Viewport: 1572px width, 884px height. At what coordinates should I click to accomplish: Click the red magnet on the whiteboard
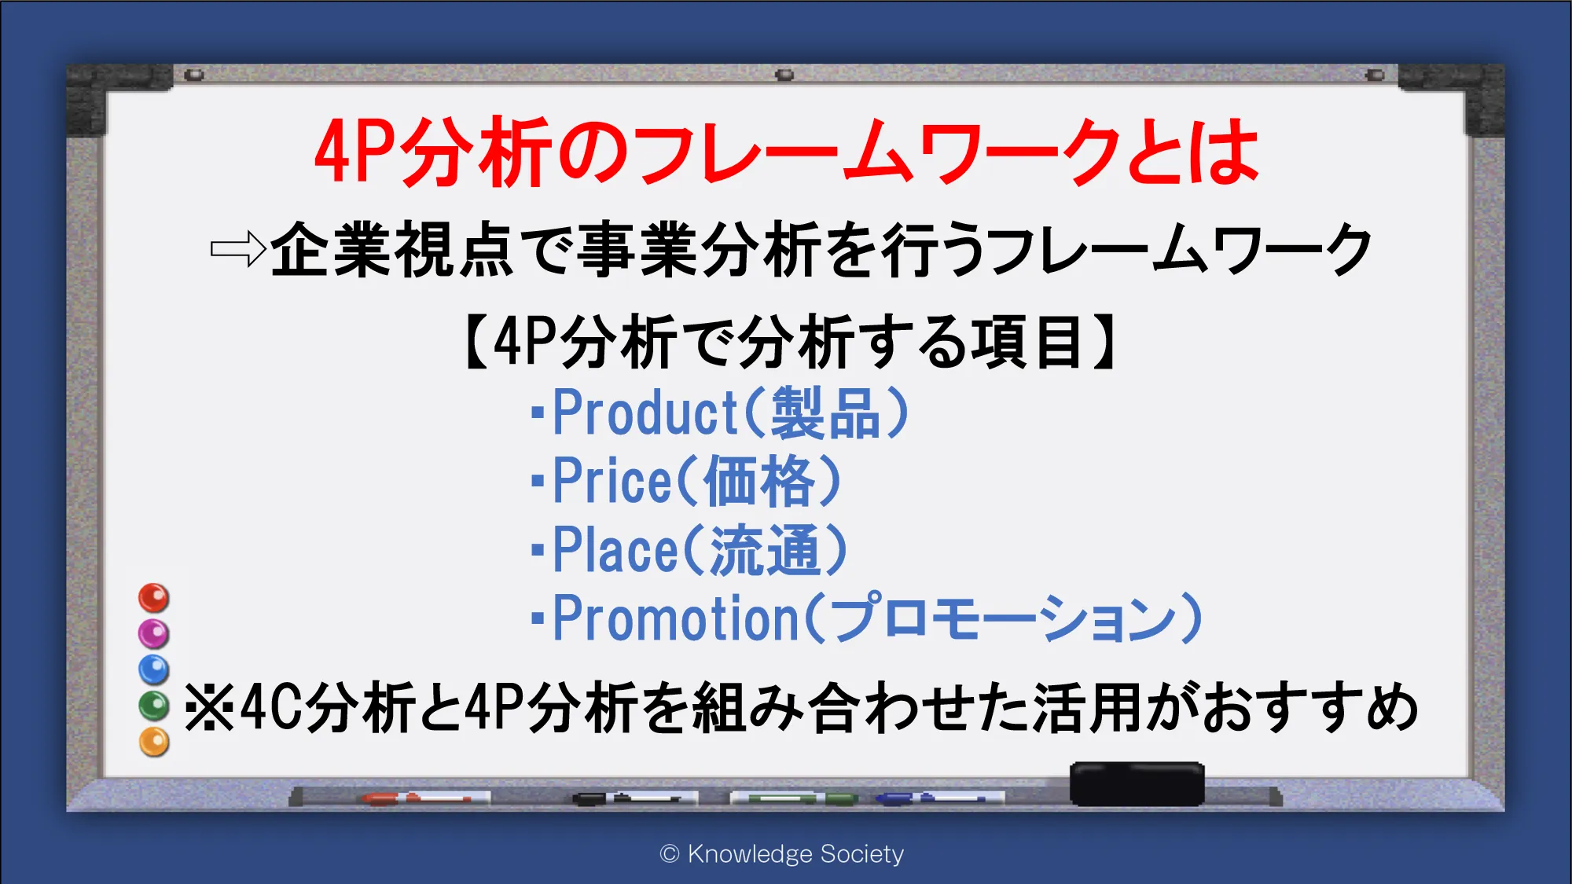(154, 598)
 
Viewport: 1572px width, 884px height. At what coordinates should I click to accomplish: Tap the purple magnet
(154, 633)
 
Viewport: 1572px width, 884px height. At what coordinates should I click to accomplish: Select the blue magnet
(154, 669)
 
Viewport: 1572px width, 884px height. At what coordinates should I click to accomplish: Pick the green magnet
(154, 706)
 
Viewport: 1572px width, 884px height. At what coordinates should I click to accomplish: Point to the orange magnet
(154, 742)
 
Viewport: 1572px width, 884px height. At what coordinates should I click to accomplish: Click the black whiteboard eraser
(1137, 783)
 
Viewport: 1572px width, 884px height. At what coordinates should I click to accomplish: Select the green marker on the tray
(794, 798)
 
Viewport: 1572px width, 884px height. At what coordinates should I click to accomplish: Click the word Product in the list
(645, 413)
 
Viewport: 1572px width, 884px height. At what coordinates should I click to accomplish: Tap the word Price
(612, 481)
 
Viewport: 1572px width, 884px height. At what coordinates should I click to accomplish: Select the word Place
(615, 549)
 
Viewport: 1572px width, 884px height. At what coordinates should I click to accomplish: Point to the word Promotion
(677, 618)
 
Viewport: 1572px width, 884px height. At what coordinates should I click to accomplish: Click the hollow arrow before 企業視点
(238, 250)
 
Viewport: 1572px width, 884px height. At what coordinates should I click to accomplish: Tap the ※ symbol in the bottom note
(208, 707)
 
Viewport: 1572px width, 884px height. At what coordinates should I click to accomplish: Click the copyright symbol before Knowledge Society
(670, 854)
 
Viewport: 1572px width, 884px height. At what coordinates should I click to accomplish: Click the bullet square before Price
(538, 480)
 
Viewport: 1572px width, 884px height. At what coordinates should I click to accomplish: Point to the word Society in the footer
(862, 854)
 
